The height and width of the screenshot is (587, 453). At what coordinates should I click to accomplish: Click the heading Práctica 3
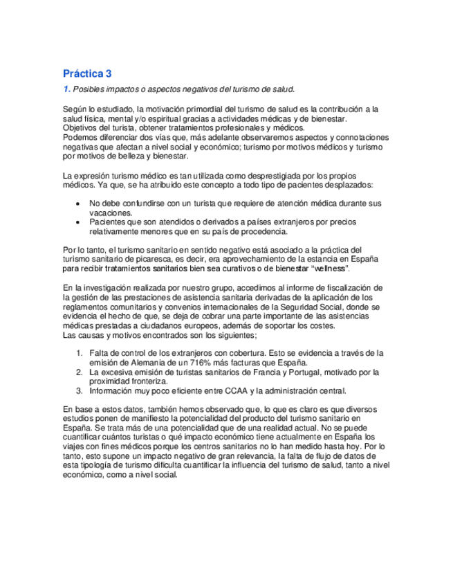tap(87, 73)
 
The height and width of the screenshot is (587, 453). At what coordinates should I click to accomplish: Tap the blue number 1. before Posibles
tap(66, 89)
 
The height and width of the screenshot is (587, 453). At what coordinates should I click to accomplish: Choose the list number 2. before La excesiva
tap(79, 372)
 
